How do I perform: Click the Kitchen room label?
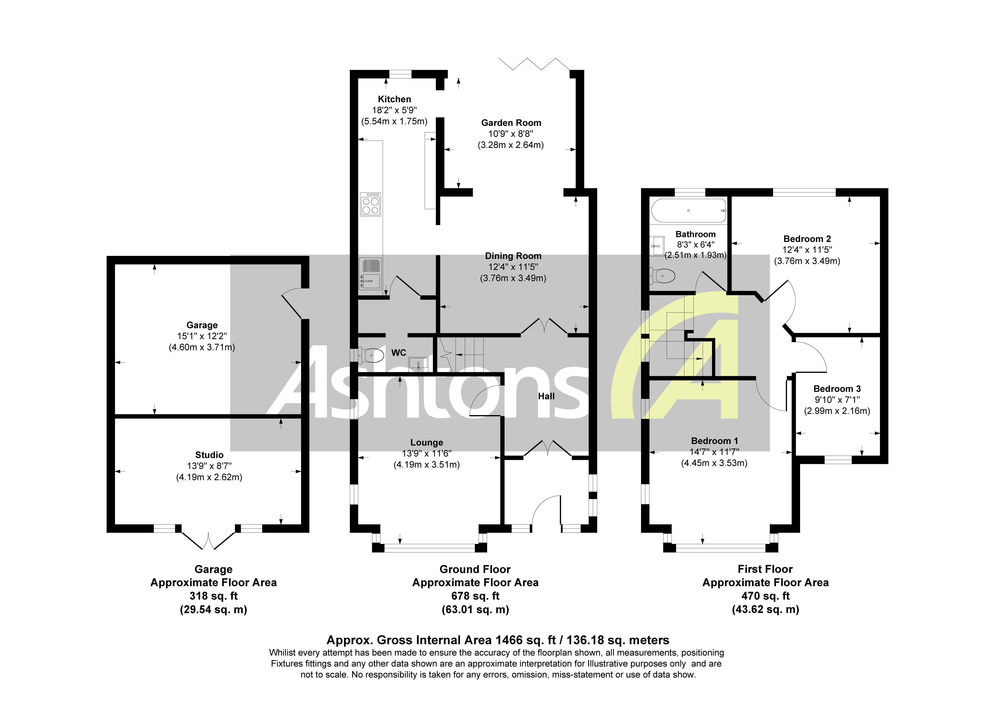point(394,99)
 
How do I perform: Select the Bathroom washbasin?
point(657,246)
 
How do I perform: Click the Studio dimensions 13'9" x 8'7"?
point(209,466)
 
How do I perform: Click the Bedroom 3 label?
point(837,389)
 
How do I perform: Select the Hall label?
point(546,396)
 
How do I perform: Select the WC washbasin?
point(418,364)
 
